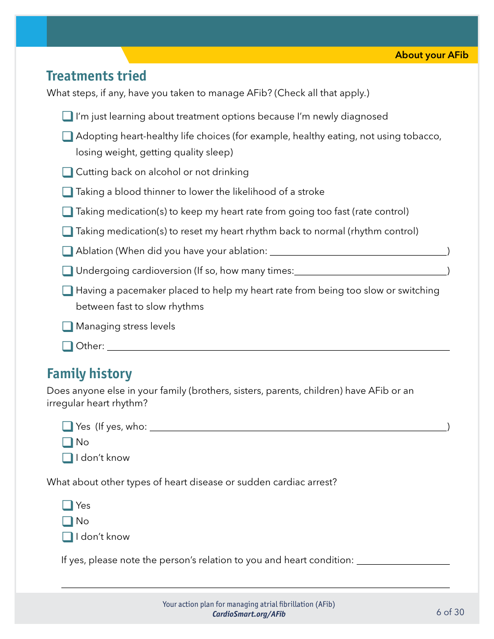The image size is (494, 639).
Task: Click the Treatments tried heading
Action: tap(96, 76)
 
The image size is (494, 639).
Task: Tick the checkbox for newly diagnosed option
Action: tap(68, 116)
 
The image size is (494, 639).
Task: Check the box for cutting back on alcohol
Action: tap(68, 172)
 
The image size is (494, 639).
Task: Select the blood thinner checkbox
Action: tap(68, 192)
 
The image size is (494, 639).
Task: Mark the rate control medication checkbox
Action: tap(68, 211)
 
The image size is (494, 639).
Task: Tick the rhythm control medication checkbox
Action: tap(68, 231)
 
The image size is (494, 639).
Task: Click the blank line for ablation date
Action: tap(358, 251)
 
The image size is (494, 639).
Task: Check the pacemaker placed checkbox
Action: tap(68, 290)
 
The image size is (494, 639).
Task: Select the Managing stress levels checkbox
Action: tap(68, 326)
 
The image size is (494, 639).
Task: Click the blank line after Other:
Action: tap(278, 347)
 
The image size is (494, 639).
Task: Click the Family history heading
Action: tap(89, 374)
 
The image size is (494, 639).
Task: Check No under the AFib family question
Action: tap(68, 442)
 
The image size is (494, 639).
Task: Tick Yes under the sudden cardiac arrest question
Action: tap(68, 505)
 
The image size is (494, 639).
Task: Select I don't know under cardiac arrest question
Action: tap(68, 537)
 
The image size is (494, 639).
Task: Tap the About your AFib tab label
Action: tap(432, 55)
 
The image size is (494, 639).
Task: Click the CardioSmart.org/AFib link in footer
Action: tap(249, 615)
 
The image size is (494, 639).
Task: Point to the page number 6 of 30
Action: tap(450, 612)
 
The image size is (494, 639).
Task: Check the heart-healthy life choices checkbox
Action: tap(68, 136)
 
